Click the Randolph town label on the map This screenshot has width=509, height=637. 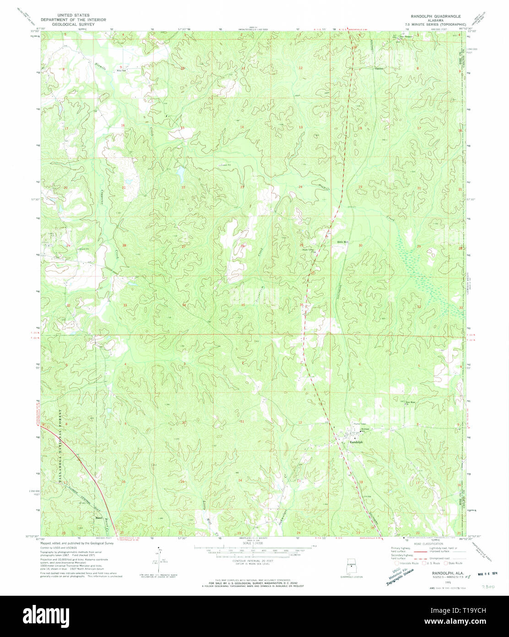tap(356, 442)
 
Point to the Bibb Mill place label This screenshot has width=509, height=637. tap(342, 242)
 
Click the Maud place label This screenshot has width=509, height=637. tap(98, 518)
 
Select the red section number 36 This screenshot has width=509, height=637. tap(301, 305)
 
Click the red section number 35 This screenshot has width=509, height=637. tap(243, 305)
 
